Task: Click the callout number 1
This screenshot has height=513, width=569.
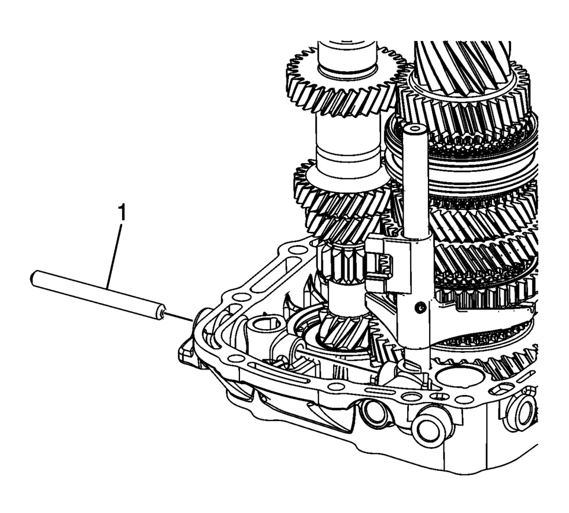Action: point(123,213)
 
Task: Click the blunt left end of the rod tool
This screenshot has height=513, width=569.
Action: point(34,278)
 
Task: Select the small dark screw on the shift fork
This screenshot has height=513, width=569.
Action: point(421,308)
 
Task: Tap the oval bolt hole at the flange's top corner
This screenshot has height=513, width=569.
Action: point(298,250)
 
